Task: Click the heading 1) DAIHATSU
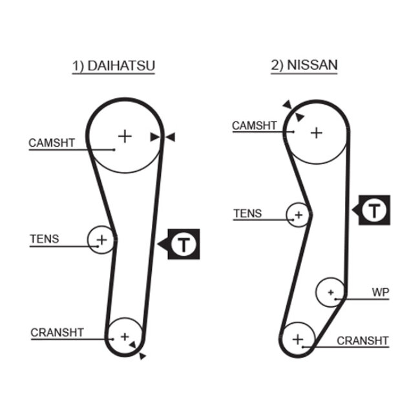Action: [x=114, y=66]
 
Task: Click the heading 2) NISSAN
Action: [x=304, y=65]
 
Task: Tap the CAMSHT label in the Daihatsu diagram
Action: [x=52, y=143]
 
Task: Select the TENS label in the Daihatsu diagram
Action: [x=45, y=238]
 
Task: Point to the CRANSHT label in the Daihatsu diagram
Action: [x=57, y=332]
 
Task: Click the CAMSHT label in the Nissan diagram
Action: [x=255, y=125]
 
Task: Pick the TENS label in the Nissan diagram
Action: [x=247, y=213]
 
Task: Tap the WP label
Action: [x=381, y=292]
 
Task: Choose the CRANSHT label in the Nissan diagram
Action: [x=362, y=341]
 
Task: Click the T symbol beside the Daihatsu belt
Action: [x=184, y=244]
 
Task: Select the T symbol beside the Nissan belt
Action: [x=374, y=210]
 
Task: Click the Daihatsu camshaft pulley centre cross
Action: [x=125, y=136]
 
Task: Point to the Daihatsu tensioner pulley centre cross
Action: [x=102, y=240]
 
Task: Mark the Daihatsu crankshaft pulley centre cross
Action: [x=125, y=337]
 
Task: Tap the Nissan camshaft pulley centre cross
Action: [x=317, y=133]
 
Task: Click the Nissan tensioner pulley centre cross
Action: [x=299, y=215]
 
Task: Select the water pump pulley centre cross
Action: [x=331, y=292]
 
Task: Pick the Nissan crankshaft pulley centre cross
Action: [x=298, y=339]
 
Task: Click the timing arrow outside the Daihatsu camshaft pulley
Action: [x=171, y=137]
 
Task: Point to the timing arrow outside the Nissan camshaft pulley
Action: [x=288, y=104]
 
